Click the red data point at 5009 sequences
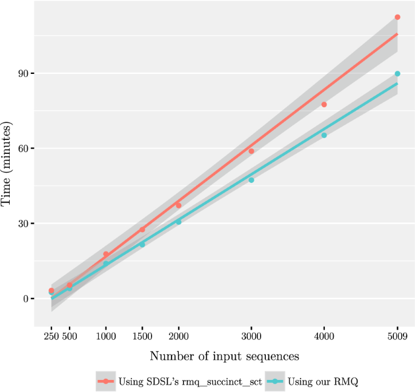click(x=397, y=17)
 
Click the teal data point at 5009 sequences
click(x=397, y=74)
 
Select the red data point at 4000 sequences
click(x=324, y=105)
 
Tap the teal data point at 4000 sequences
click(x=324, y=135)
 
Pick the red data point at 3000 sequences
click(x=251, y=151)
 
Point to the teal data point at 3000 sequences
click(x=251, y=180)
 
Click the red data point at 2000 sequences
click(x=179, y=205)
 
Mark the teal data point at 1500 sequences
click(x=142, y=245)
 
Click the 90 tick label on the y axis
click(x=22, y=73)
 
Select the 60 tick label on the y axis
click(x=22, y=148)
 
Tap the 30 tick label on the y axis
click(x=22, y=224)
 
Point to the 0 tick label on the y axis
click(x=25, y=299)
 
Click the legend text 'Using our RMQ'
click(x=328, y=381)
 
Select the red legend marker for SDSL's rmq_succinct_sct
click(x=105, y=381)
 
